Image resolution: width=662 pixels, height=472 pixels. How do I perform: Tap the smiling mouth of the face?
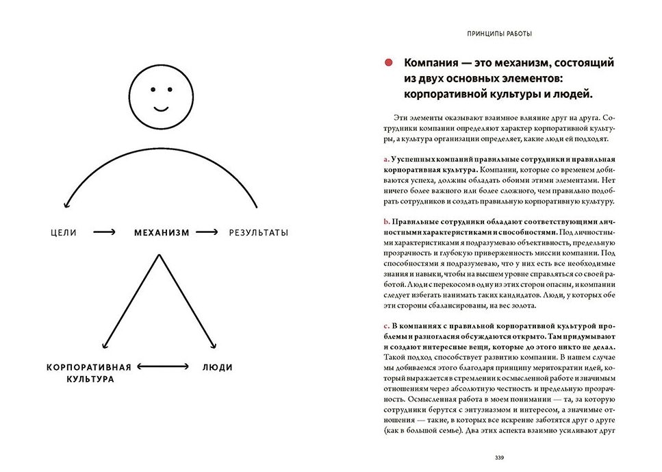tap(161, 109)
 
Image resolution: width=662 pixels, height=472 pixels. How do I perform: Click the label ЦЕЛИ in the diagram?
tap(64, 233)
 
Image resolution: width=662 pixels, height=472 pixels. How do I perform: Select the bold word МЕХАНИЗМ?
tap(161, 233)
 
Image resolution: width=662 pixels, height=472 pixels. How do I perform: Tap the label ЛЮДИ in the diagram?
tap(217, 367)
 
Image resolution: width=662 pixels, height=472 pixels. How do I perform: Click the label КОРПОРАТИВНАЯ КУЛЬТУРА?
tap(89, 373)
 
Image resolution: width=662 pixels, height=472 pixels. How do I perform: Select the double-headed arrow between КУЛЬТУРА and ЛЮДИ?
tap(162, 367)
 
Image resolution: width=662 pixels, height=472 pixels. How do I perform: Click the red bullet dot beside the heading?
tap(388, 62)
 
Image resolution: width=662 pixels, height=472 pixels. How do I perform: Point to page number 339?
tap(498, 457)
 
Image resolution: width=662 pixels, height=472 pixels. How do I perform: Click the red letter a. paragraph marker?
tap(386, 159)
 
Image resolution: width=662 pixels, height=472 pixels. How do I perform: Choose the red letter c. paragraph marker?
tap(386, 324)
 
